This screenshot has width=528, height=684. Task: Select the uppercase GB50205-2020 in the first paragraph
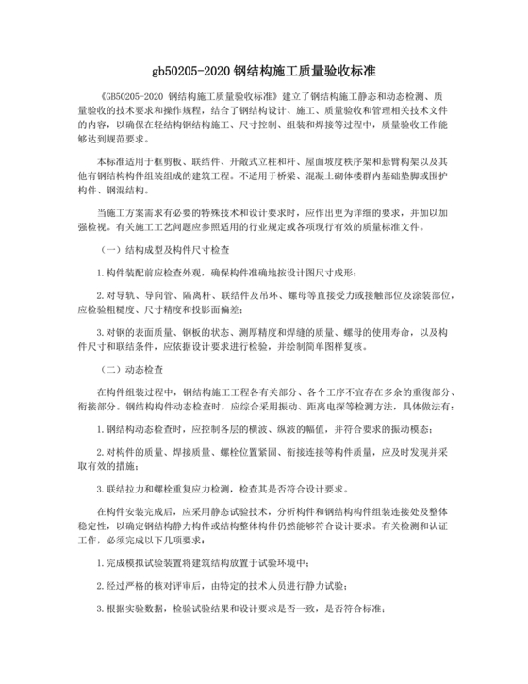[139, 96]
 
